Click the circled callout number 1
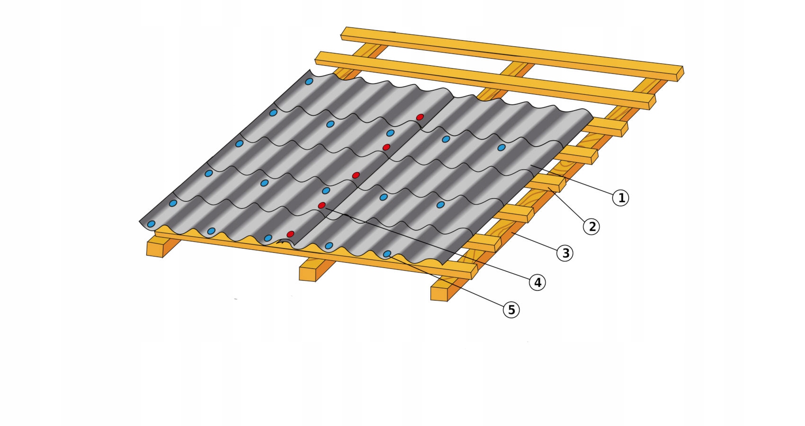[x=621, y=198]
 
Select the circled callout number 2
[x=591, y=227]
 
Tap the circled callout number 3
[x=565, y=253]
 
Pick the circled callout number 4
[x=537, y=283]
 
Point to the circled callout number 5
[x=511, y=310]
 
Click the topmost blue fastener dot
[x=309, y=81]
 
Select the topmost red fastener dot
[x=420, y=117]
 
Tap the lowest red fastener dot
[x=290, y=234]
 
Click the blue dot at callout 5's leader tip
[x=387, y=254]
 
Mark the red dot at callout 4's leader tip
[x=322, y=205]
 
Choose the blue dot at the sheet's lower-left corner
[x=152, y=224]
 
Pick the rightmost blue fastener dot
[x=501, y=147]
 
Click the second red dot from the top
[x=386, y=147]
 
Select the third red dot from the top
[x=356, y=175]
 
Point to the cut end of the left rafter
[x=155, y=249]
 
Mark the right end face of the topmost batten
[x=680, y=74]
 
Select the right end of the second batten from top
[x=652, y=102]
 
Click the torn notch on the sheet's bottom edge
[x=284, y=242]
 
